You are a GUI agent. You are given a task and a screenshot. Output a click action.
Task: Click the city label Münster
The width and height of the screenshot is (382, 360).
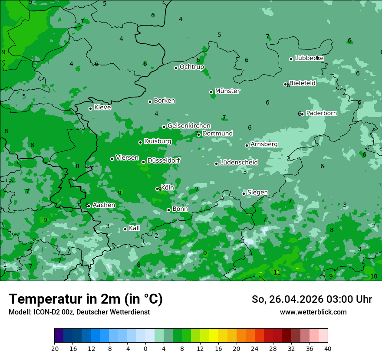pyautogui.click(x=227, y=91)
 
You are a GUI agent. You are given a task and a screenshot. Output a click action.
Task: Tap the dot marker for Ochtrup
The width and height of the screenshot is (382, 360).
pyautogui.click(x=176, y=68)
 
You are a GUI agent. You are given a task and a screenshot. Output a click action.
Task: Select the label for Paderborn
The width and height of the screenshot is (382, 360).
pyautogui.click(x=321, y=113)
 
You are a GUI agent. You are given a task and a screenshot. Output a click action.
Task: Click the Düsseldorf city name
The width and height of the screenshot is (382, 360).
pyautogui.click(x=164, y=160)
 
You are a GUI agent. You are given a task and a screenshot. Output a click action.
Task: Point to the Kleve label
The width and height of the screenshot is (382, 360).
pyautogui.click(x=102, y=108)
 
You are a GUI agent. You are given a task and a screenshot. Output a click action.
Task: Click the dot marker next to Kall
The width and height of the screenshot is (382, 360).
pyautogui.click(x=125, y=229)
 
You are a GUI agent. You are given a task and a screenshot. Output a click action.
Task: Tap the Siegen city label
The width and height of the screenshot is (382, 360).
pyautogui.click(x=257, y=193)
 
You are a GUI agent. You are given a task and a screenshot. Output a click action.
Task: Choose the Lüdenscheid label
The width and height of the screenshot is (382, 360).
pyautogui.click(x=239, y=163)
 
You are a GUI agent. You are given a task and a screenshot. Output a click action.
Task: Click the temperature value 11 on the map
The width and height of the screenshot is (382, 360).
pyautogui.click(x=277, y=272)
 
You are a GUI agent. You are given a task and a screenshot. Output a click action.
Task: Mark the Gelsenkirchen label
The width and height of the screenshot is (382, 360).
pyautogui.click(x=189, y=126)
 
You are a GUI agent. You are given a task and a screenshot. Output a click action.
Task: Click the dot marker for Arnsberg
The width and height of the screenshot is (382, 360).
pyautogui.click(x=247, y=145)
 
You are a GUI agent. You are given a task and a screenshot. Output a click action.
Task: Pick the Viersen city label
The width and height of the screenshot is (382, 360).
pyautogui.click(x=127, y=158)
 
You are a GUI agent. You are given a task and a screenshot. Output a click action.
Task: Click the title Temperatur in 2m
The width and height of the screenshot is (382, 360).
pyautogui.click(x=86, y=299)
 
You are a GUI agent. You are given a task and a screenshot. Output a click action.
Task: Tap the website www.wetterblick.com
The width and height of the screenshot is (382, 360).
pyautogui.click(x=313, y=312)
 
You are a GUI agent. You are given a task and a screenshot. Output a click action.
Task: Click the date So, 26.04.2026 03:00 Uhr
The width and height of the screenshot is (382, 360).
pyautogui.click(x=312, y=299)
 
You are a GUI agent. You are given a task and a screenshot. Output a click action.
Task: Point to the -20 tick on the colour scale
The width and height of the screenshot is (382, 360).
pyautogui.click(x=54, y=348)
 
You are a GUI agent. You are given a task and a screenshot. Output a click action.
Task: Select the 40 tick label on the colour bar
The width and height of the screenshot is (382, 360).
pyautogui.click(x=328, y=348)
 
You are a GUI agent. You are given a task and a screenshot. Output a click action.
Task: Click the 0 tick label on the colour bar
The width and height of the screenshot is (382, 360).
pyautogui.click(x=145, y=348)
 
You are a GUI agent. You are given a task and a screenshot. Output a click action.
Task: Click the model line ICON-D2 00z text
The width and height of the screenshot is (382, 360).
pyautogui.click(x=79, y=312)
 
